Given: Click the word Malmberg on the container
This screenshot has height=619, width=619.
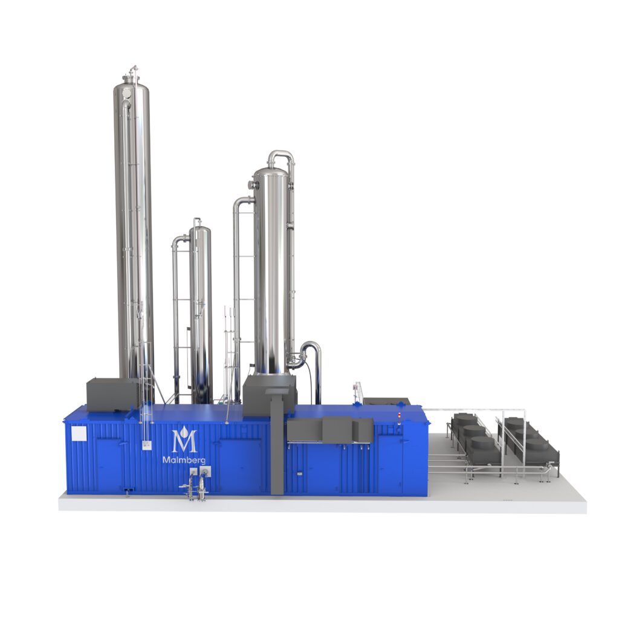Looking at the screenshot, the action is point(184,460).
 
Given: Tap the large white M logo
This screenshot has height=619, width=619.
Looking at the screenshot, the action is point(184,441).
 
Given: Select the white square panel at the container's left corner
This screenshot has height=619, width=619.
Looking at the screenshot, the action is point(79,434).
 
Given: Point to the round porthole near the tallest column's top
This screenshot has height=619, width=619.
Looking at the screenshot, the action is point(126,93).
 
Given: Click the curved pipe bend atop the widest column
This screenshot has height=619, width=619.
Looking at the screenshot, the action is point(281,157).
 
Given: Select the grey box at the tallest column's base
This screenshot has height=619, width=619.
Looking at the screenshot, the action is point(112,394).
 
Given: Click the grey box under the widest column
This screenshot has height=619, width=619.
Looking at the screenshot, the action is point(270,395).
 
